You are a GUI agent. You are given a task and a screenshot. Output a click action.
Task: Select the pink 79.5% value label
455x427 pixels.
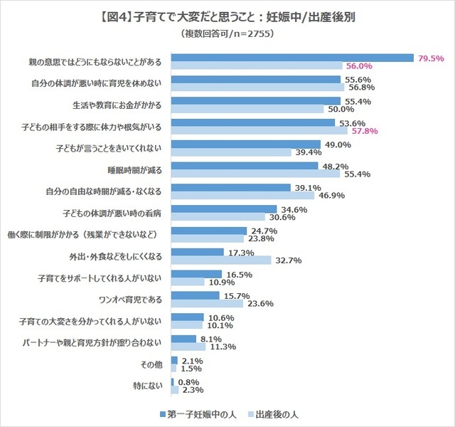(431, 58)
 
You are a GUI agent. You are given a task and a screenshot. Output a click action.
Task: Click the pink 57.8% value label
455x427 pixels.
(363, 131)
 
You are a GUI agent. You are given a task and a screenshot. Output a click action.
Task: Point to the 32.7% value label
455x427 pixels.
(289, 260)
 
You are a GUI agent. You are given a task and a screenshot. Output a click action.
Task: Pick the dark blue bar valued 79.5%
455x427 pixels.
(293, 58)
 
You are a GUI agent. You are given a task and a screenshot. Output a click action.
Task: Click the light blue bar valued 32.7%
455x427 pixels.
(221, 260)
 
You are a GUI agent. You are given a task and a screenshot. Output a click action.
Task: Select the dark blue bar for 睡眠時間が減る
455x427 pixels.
(245, 166)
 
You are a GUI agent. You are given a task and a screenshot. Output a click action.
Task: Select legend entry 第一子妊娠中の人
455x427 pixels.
(203, 413)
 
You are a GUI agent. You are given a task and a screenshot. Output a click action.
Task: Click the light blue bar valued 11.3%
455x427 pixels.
(188, 347)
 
